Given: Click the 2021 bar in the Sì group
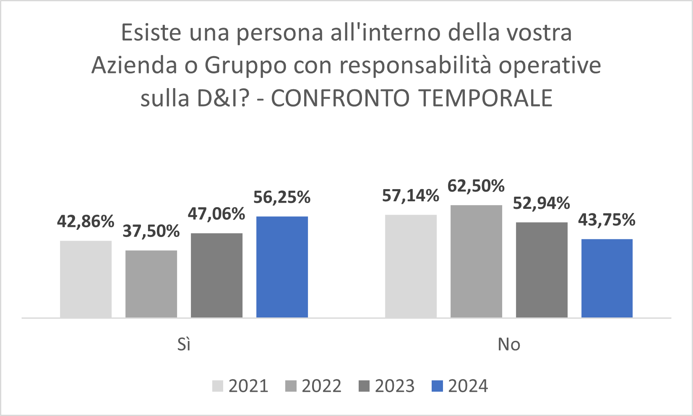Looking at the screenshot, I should tap(86, 279).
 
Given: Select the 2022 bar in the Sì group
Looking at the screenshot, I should tap(151, 284).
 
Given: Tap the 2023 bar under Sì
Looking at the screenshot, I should tap(216, 275).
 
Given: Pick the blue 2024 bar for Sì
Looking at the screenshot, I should tap(282, 267).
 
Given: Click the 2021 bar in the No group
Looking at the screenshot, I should tap(411, 266).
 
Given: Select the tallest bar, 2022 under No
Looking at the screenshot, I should tap(476, 261).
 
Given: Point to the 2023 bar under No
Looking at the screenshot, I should tap(542, 270).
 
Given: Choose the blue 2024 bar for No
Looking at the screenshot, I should tap(607, 278).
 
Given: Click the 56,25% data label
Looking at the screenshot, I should tap(282, 197).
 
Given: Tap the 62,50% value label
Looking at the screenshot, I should tap(476, 186).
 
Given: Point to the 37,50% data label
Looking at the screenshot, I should tap(151, 231).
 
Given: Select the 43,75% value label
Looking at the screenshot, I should tap(607, 220).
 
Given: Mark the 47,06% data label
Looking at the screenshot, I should tap(216, 214).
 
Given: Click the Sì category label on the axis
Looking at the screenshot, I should tap(184, 344).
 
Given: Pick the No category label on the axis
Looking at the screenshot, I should tap(509, 344).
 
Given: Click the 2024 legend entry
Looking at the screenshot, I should tap(460, 386).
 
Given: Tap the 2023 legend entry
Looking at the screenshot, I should tap(387, 386).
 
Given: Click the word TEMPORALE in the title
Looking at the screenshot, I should tap(486, 98).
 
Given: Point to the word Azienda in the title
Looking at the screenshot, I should tap(134, 65).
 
